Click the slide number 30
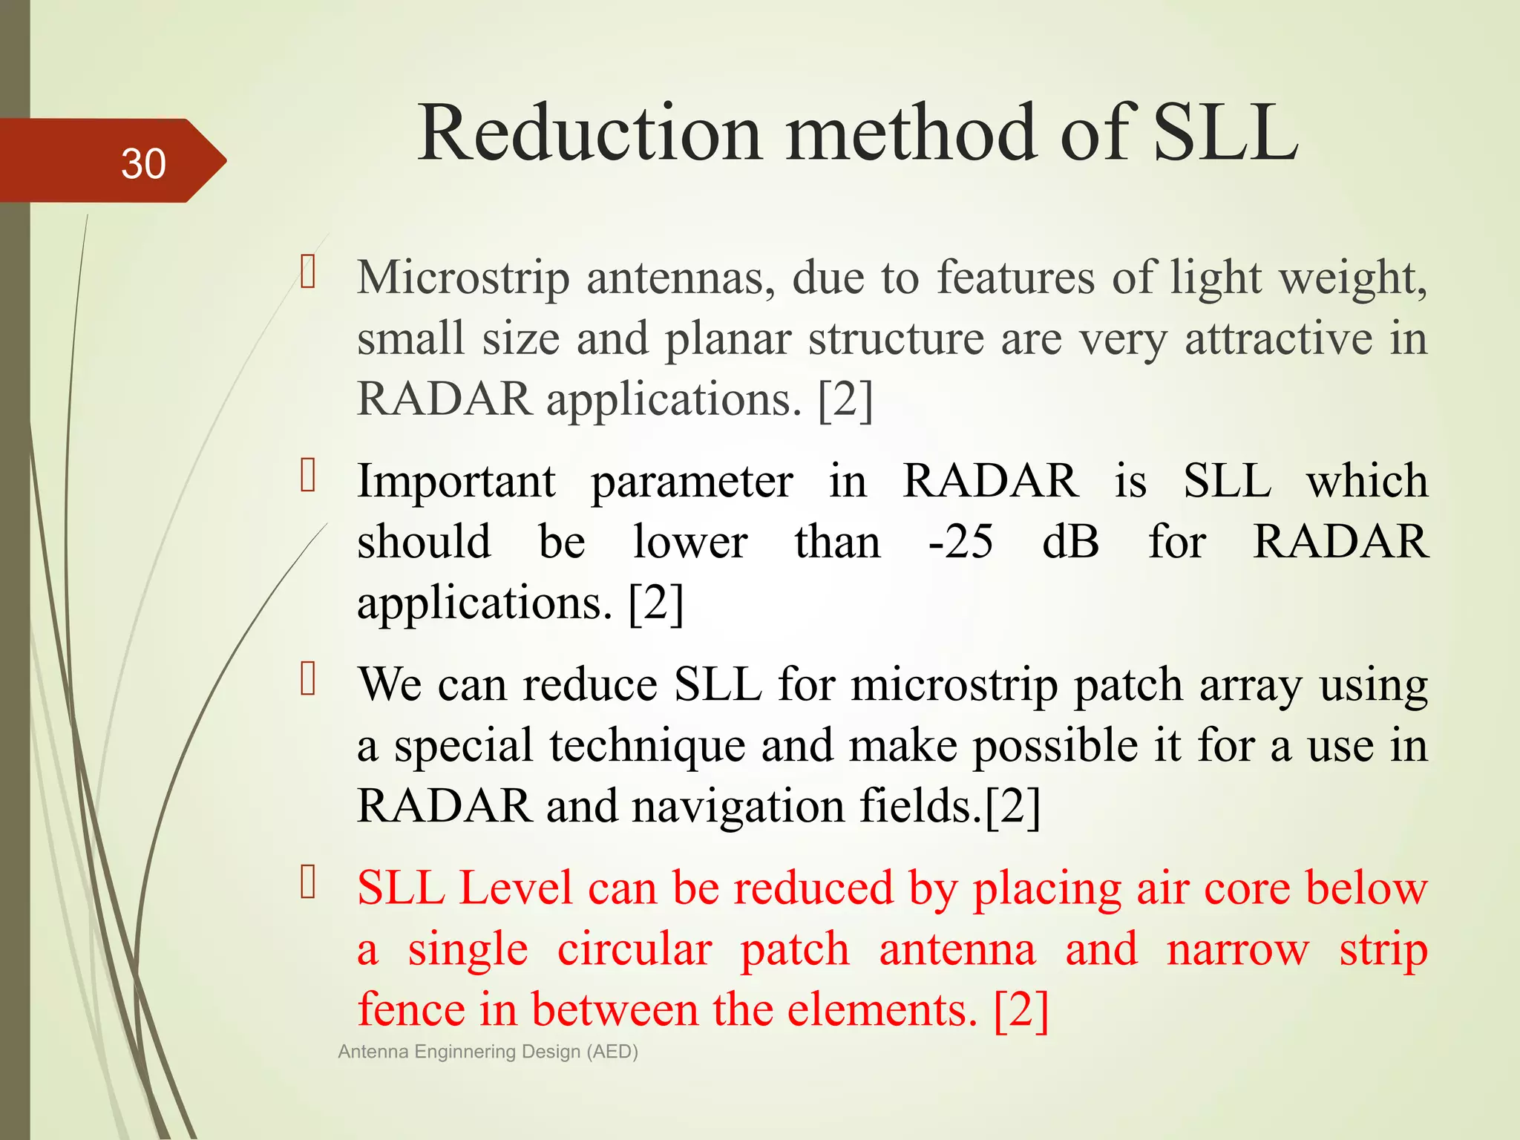(143, 163)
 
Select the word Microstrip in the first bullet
(463, 278)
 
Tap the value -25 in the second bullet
(960, 542)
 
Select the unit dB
(1070, 542)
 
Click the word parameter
(692, 482)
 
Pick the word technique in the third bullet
(647, 746)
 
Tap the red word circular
(635, 949)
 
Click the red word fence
(410, 1010)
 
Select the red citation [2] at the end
(1021, 1010)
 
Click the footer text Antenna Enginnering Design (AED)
(488, 1052)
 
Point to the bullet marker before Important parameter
(308, 476)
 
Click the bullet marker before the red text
(308, 882)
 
